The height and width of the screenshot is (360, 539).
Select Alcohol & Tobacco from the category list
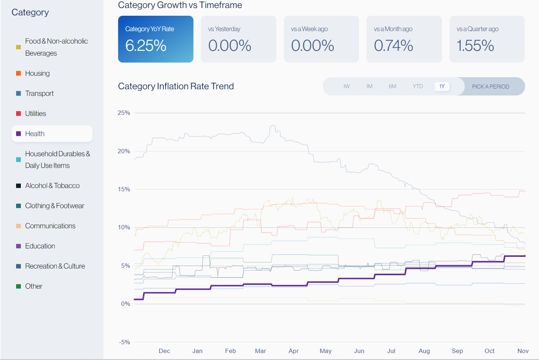[52, 186]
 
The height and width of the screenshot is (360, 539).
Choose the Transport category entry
[39, 94]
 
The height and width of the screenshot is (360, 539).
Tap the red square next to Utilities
[19, 113]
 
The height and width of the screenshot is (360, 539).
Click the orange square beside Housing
[19, 73]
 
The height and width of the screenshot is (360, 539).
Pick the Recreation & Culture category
[55, 266]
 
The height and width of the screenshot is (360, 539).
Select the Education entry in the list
[40, 246]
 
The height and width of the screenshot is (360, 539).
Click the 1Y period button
[442, 86]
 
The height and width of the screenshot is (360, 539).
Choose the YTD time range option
[418, 86]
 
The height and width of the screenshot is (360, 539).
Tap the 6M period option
[392, 86]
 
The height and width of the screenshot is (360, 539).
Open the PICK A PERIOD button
[490, 87]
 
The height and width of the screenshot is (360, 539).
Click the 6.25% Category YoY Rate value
[146, 46]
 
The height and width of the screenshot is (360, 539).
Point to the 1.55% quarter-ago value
[475, 46]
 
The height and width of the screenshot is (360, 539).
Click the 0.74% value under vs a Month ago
[393, 46]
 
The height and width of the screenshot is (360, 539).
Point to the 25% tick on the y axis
[124, 113]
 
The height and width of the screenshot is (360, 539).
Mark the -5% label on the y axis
[125, 342]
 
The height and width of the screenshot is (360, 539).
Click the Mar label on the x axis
[260, 351]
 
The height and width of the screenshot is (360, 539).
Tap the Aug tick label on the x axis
[424, 351]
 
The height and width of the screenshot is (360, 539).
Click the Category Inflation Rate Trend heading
[176, 86]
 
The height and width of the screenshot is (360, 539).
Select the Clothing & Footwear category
[54, 206]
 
